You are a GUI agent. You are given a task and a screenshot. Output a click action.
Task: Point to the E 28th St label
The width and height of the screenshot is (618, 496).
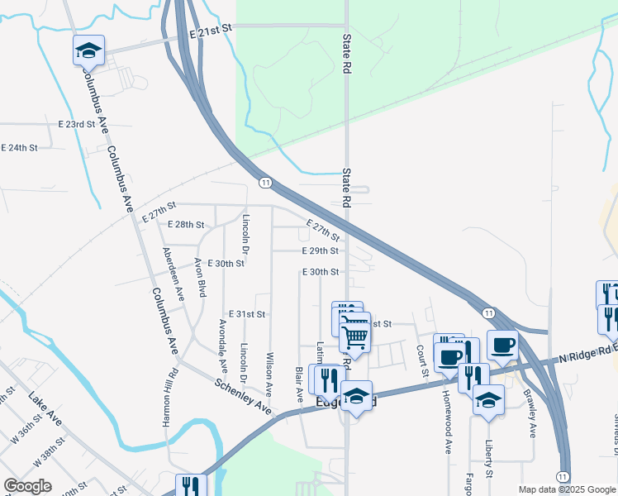(185, 225)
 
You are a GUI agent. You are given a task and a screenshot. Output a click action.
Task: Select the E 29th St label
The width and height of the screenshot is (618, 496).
(321, 250)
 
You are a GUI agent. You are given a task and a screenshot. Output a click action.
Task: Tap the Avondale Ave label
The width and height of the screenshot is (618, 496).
(222, 346)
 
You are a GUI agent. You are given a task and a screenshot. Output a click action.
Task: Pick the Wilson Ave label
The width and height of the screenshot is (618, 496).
(269, 374)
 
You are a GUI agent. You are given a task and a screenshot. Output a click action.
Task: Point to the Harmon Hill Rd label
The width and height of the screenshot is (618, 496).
(169, 398)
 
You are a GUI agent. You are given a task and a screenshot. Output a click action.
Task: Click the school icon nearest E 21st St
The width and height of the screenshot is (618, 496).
(88, 51)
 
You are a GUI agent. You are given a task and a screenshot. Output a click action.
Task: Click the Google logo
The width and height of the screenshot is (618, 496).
(27, 485)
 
